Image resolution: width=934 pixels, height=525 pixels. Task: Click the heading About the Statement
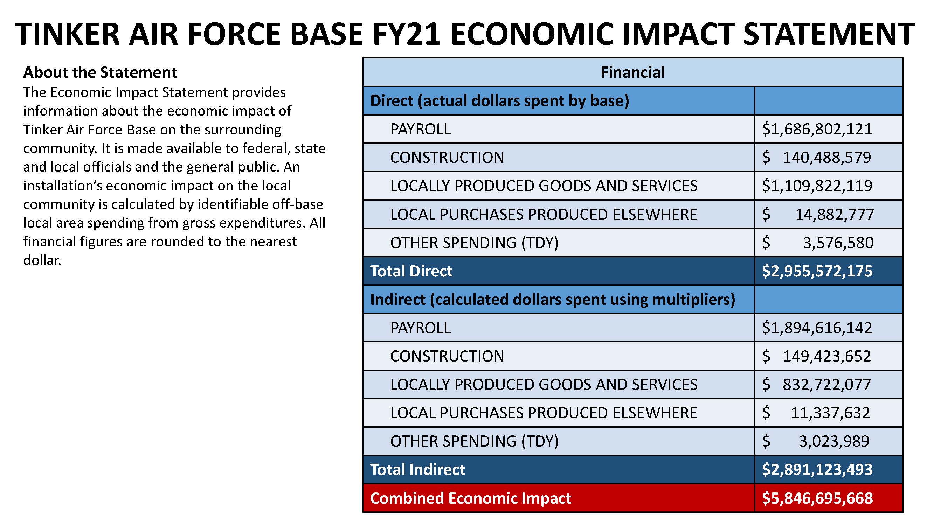100,72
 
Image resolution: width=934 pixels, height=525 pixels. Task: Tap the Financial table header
632,72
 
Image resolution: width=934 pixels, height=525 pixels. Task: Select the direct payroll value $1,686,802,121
817,129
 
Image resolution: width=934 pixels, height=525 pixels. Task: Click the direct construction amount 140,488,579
827,157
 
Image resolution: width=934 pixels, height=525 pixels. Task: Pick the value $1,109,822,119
817,186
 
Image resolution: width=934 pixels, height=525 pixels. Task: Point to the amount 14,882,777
834,215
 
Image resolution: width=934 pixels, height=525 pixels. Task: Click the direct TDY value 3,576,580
838,243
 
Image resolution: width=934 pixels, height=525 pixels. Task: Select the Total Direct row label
411,271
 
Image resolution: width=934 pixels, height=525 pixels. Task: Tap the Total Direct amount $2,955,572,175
817,271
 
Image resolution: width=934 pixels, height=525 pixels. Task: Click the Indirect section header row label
552,300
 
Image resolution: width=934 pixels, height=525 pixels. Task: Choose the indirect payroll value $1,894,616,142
817,328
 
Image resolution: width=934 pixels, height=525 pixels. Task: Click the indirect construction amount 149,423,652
827,356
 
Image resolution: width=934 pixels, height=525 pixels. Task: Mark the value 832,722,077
827,384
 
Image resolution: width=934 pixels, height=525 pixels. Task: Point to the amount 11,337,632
830,413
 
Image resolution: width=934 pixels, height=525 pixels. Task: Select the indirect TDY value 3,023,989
834,441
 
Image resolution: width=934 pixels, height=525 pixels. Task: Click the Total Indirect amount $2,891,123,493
817,470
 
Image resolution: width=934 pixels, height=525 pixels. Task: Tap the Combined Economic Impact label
470,498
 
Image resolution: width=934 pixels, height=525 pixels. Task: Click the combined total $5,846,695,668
817,498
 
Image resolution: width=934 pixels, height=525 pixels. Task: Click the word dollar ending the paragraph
42,260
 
